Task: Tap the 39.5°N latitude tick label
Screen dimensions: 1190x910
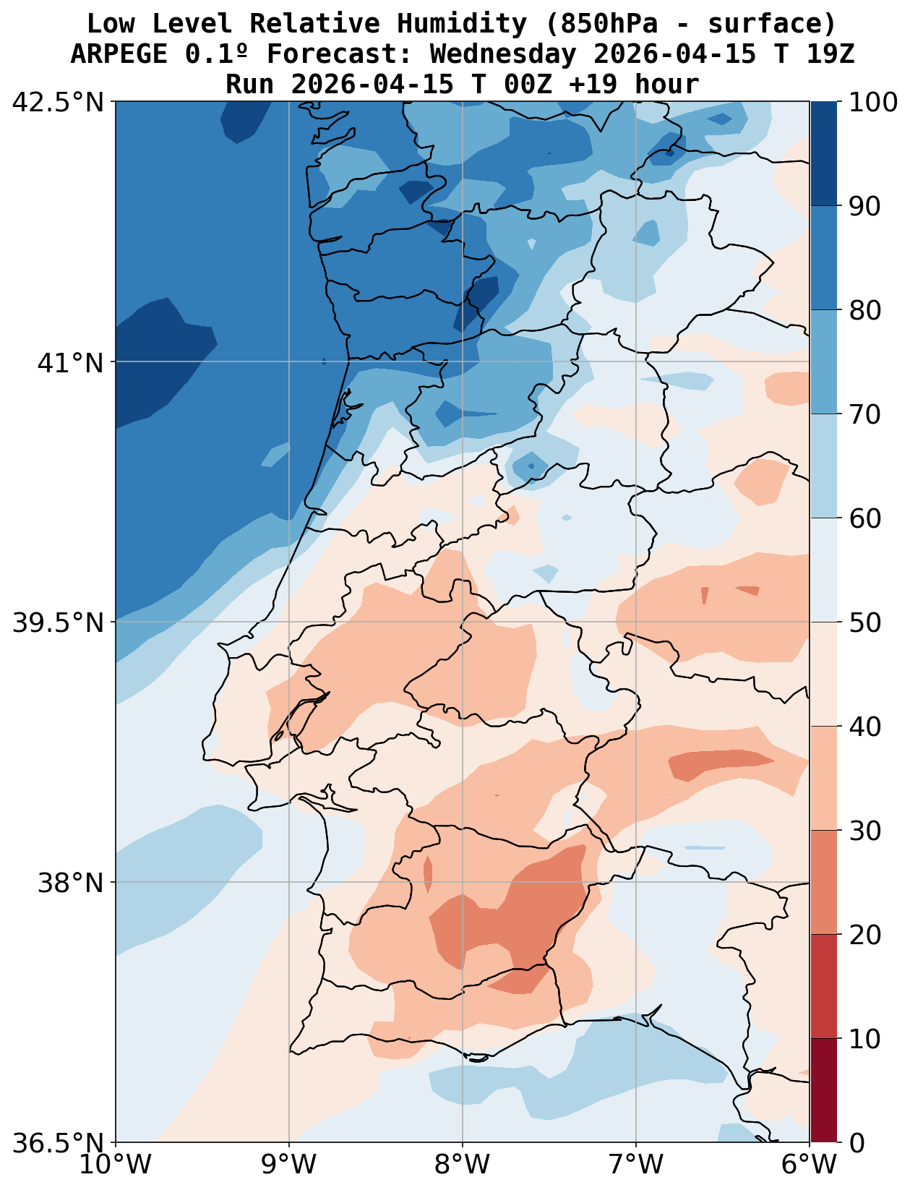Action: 58,622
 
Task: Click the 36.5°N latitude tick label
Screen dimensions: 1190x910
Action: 58,1143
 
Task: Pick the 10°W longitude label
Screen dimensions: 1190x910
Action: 116,1165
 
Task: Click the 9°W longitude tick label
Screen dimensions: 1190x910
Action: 289,1165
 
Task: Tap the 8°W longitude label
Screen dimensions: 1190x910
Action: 463,1165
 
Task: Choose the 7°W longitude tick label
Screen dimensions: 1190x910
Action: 636,1165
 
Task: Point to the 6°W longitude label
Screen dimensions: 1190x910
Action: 810,1165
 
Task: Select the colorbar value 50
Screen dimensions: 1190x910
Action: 864,622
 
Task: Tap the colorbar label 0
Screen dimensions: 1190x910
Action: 856,1143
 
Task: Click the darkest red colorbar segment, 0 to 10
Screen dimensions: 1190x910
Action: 823,1090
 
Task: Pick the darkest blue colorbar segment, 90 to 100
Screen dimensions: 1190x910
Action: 823,153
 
